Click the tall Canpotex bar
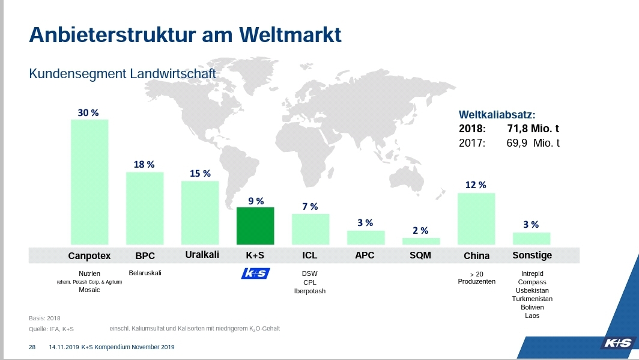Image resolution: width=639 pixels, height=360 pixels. pyautogui.click(x=89, y=182)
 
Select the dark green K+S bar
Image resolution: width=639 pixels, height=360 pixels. pyautogui.click(x=255, y=226)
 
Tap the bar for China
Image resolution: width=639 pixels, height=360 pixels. pyautogui.click(x=476, y=219)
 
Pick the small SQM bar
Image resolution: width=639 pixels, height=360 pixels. pyautogui.click(x=421, y=241)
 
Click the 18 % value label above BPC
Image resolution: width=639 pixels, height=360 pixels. pyautogui.click(x=144, y=164)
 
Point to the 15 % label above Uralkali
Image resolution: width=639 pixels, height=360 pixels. pyautogui.click(x=200, y=173)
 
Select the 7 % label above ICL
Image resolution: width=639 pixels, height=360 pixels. pyautogui.click(x=310, y=206)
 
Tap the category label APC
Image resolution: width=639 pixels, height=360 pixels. pyautogui.click(x=365, y=255)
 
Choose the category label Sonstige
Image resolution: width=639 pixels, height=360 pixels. pyautogui.click(x=532, y=255)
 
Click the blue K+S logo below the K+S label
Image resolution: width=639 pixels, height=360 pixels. pyautogui.click(x=255, y=273)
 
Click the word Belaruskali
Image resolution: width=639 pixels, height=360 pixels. pyautogui.click(x=145, y=273)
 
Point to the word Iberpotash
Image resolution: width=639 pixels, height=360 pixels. pyautogui.click(x=310, y=291)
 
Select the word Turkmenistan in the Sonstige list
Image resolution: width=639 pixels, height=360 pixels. pyautogui.click(x=532, y=299)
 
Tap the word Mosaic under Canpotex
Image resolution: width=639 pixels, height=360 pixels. pyautogui.click(x=89, y=290)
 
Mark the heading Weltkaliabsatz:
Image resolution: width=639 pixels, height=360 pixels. pyautogui.click(x=497, y=114)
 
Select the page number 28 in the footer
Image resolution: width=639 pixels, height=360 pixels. pyautogui.click(x=32, y=347)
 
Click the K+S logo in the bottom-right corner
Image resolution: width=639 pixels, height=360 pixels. pyautogui.click(x=617, y=343)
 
